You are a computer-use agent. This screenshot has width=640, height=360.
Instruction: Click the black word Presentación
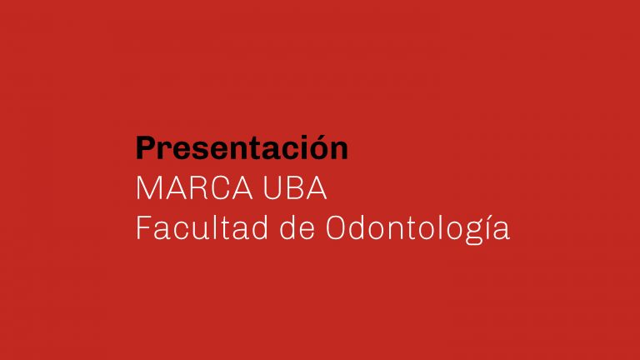[x=242, y=147]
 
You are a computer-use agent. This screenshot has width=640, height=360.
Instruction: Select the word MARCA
[x=194, y=188]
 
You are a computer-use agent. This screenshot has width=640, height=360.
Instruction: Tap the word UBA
[x=295, y=188]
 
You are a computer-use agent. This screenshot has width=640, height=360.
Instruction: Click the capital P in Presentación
[x=146, y=147]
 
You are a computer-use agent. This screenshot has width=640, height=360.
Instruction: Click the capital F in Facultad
[x=143, y=227]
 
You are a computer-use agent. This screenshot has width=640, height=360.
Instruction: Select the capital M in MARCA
[x=148, y=188]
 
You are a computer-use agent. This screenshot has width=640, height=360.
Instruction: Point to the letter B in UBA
[x=296, y=188]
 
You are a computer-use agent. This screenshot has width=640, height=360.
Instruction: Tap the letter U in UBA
[x=272, y=188]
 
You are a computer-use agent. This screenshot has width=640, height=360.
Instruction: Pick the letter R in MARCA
[x=199, y=188]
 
